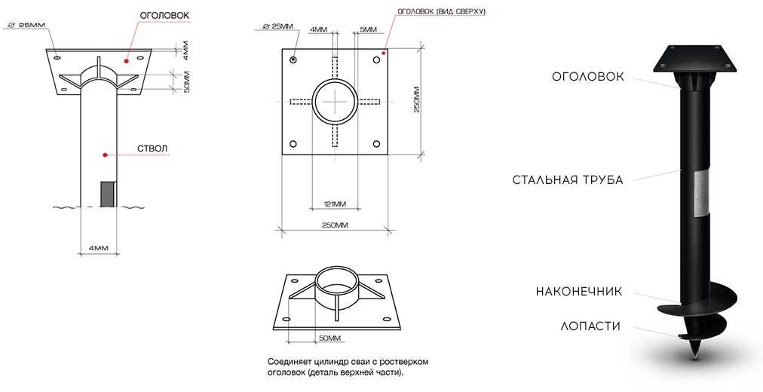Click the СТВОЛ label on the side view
153,149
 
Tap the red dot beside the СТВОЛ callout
105,155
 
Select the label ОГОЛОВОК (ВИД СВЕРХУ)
441,11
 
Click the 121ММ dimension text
335,204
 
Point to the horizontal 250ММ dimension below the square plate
336,225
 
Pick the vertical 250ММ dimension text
416,100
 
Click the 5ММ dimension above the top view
368,29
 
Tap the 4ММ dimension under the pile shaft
98,247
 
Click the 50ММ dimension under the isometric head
329,338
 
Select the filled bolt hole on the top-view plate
293,60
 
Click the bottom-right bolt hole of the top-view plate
376,143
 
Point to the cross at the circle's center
335,101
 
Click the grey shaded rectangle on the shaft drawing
108,194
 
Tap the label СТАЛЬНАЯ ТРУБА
568,180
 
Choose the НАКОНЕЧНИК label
579,292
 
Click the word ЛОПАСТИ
591,326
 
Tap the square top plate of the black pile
694,58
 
